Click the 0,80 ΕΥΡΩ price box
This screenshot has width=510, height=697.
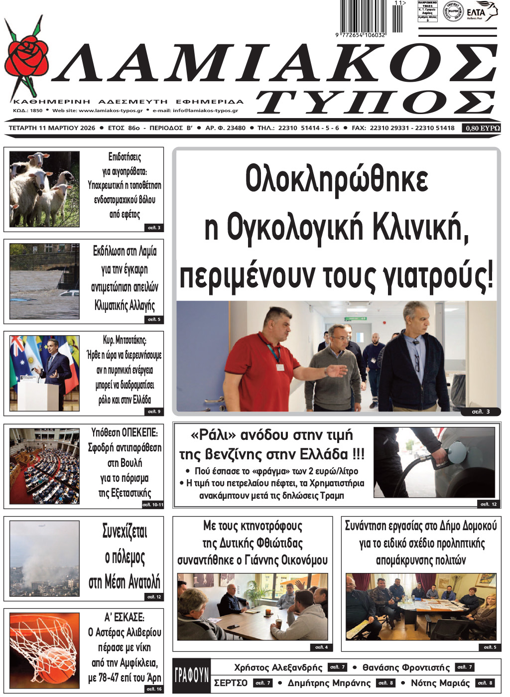click(482, 128)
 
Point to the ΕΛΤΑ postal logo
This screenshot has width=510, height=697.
click(481, 12)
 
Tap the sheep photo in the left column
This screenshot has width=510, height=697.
click(44, 189)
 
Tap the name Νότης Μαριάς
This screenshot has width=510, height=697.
click(440, 683)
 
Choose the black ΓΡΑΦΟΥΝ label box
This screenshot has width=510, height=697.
click(191, 675)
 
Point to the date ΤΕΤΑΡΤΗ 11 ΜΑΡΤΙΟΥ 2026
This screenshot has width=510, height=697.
click(52, 128)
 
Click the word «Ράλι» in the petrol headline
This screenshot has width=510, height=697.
click(213, 435)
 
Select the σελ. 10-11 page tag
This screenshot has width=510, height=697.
click(152, 504)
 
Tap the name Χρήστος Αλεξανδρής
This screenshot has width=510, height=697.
click(278, 668)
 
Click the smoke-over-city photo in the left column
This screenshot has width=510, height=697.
click(44, 558)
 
